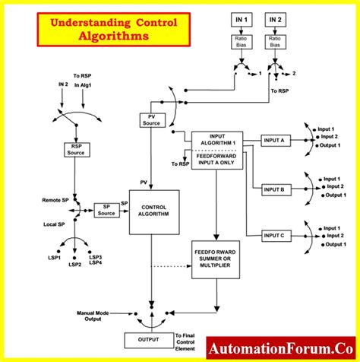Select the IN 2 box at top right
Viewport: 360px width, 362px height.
(x=274, y=18)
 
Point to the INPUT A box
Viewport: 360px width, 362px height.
(x=274, y=141)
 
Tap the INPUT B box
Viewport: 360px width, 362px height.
(x=274, y=189)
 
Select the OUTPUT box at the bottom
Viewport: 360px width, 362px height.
(x=148, y=340)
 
